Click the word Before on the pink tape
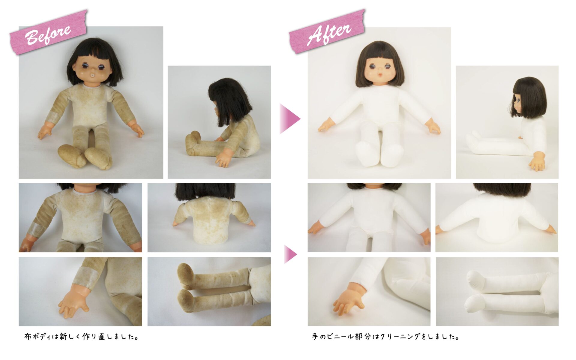48,34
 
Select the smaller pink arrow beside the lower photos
290,254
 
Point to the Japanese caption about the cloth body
82,336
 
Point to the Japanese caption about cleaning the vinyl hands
386,336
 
